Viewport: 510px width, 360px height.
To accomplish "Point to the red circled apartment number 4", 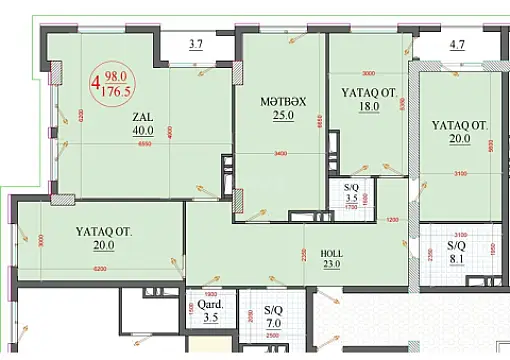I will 95,84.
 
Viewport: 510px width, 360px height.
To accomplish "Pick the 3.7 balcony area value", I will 196,44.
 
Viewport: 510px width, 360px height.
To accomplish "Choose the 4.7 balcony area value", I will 459,44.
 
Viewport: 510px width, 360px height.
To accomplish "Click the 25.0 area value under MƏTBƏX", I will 263,115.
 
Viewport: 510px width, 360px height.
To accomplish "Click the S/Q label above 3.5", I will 350,187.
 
